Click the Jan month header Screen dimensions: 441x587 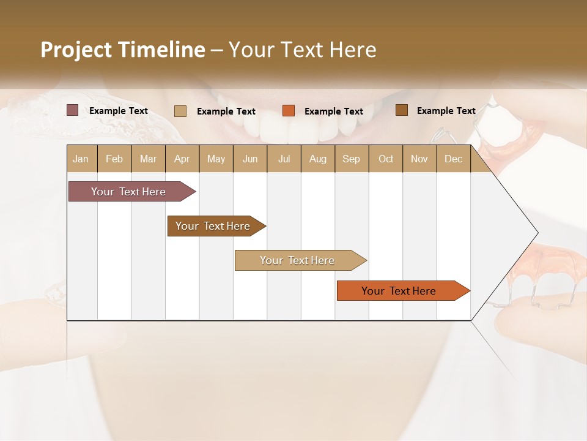click(81, 159)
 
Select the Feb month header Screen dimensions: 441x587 click(114, 159)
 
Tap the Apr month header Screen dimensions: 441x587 click(182, 159)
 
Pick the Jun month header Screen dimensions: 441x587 click(250, 159)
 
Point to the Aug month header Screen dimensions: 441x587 click(317, 159)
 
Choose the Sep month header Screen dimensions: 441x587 click(351, 159)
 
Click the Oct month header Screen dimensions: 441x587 click(386, 159)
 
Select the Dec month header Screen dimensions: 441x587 click(453, 159)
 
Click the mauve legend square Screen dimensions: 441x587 click(73, 110)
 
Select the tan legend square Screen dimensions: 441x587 click(180, 111)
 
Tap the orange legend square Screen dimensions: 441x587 click(289, 111)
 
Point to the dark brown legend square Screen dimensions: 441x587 click(402, 110)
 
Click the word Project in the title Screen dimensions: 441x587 click(75, 50)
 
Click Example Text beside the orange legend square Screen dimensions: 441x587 click(334, 111)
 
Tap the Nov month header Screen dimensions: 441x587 click(419, 159)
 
